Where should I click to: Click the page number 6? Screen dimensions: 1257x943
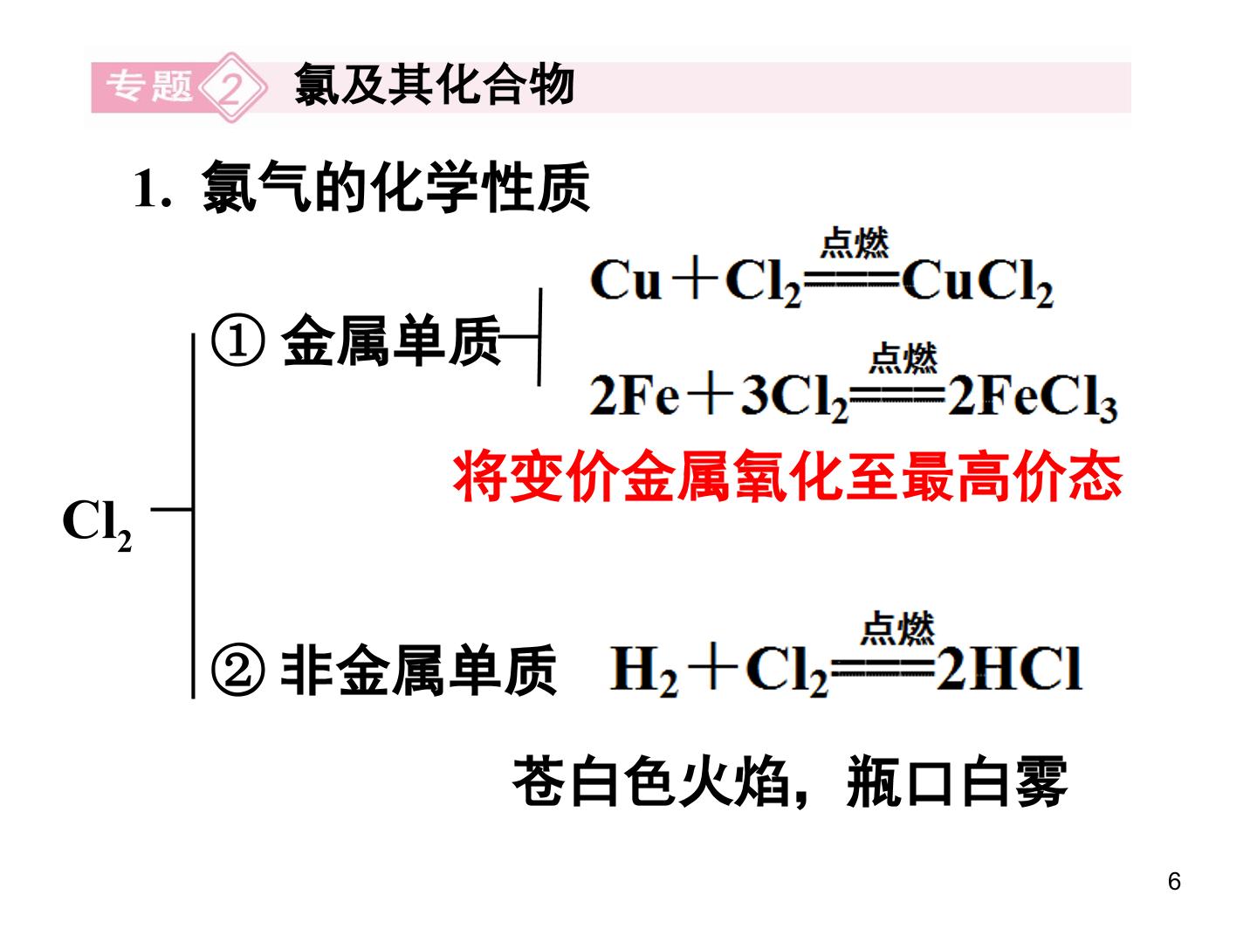pyautogui.click(x=1174, y=881)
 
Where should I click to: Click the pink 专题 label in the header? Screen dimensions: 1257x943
pyautogui.click(x=149, y=87)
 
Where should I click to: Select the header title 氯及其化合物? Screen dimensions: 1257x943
pyautogui.click(x=434, y=85)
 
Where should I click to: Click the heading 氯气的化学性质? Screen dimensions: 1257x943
pyautogui.click(x=395, y=187)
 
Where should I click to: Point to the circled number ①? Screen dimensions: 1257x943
pyautogui.click(x=238, y=341)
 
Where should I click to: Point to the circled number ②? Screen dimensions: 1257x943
pyautogui.click(x=238, y=669)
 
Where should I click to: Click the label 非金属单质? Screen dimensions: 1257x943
pyautogui.click(x=419, y=669)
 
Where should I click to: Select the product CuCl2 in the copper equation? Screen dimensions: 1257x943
pyautogui.click(x=978, y=282)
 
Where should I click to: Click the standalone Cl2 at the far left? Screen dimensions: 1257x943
pyautogui.click(x=97, y=524)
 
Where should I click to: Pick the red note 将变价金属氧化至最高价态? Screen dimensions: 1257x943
pyautogui.click(x=786, y=477)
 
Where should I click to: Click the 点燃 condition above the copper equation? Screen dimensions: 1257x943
pyautogui.click(x=855, y=243)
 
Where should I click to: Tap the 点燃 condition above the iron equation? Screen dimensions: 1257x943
pyautogui.click(x=903, y=358)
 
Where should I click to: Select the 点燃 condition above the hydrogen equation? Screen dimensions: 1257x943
pyautogui.click(x=897, y=628)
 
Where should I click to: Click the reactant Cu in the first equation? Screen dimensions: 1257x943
pyautogui.click(x=625, y=279)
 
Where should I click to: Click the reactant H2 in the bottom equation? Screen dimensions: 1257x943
pyautogui.click(x=643, y=671)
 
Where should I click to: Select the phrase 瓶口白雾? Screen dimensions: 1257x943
pyautogui.click(x=957, y=781)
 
